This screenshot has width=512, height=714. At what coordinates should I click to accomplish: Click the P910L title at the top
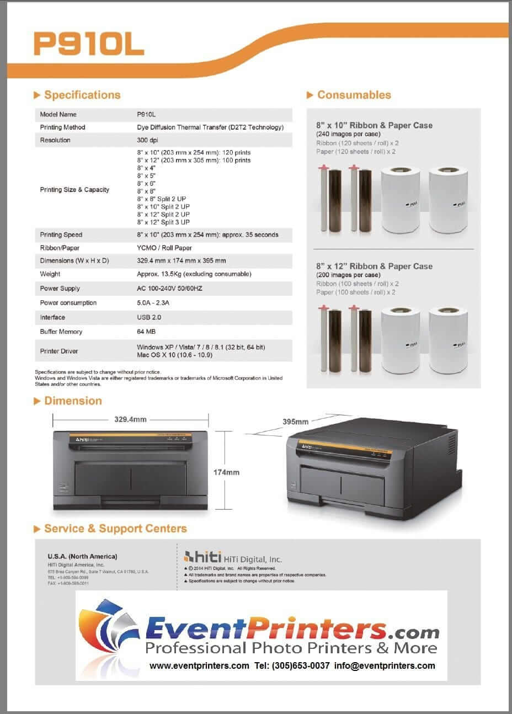[89, 44]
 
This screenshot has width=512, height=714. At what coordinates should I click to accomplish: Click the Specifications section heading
[82, 95]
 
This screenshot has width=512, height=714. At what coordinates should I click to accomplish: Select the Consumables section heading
[354, 95]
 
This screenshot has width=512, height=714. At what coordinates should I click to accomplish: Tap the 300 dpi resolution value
[147, 140]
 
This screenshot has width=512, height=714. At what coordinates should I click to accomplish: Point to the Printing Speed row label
[61, 235]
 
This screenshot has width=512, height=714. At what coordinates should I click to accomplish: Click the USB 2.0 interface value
[149, 317]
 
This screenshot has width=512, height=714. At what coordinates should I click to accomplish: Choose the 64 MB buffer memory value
[146, 332]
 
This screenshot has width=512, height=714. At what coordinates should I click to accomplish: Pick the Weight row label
[50, 274]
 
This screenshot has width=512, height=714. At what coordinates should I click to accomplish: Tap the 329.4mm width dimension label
[130, 419]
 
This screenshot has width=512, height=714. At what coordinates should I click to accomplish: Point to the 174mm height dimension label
[226, 472]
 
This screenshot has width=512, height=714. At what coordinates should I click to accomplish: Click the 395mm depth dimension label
[295, 422]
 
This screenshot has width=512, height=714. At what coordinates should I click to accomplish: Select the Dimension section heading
[73, 401]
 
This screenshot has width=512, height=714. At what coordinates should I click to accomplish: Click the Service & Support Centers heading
[115, 529]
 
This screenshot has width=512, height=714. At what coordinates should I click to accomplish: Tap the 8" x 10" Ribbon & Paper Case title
[374, 125]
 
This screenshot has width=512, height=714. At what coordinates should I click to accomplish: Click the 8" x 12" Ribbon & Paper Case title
[374, 266]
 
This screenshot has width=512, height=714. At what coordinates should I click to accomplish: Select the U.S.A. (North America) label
[82, 556]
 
